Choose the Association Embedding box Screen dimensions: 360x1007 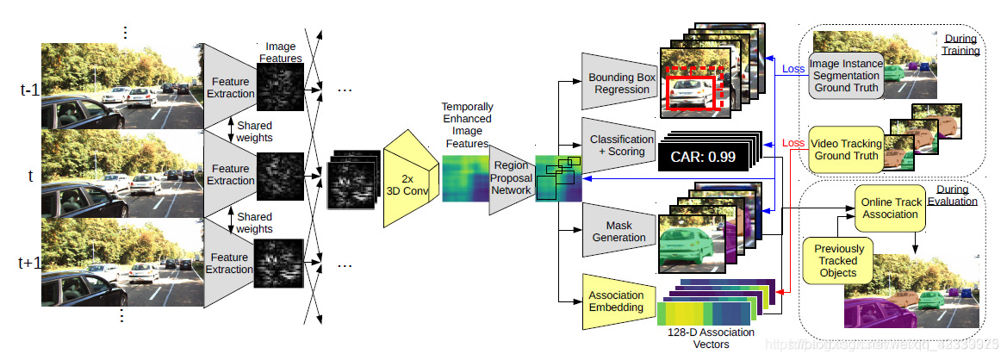(616, 301)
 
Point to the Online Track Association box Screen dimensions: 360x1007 (892, 208)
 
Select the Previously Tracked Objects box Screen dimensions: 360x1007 (838, 260)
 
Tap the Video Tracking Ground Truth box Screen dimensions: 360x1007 (845, 150)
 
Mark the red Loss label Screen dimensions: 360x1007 (793, 143)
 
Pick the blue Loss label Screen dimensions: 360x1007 (793, 69)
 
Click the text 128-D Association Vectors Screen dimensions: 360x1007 (712, 338)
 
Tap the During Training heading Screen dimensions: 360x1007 (960, 45)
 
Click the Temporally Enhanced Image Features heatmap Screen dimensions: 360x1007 (465, 177)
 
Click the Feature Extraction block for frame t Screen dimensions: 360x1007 (230, 175)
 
